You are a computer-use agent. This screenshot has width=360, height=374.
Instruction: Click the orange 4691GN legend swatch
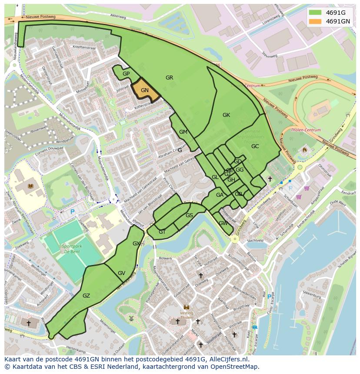316,21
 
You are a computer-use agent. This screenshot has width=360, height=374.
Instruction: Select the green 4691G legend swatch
316,13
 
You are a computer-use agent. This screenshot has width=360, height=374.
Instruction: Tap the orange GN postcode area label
145,90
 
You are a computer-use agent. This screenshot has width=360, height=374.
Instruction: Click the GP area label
126,74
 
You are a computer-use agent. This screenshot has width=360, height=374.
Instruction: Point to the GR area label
170,78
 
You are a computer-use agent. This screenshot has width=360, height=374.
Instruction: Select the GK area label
226,115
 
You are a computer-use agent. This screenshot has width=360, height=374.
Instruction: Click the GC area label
255,146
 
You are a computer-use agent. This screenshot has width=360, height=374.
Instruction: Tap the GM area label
183,132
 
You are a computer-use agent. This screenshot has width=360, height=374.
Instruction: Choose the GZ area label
86,296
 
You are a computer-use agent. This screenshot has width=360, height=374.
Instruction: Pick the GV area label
121,273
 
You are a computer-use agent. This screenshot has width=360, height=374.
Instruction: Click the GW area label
223,223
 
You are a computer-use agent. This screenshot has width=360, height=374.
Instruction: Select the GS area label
189,215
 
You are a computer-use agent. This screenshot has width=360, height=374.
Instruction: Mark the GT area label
162,232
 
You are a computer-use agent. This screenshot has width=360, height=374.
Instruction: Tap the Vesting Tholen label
187,315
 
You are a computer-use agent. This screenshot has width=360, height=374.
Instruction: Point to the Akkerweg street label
117,16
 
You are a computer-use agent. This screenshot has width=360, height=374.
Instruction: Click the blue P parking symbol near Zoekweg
73,212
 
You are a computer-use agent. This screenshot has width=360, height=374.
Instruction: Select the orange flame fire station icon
304,150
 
